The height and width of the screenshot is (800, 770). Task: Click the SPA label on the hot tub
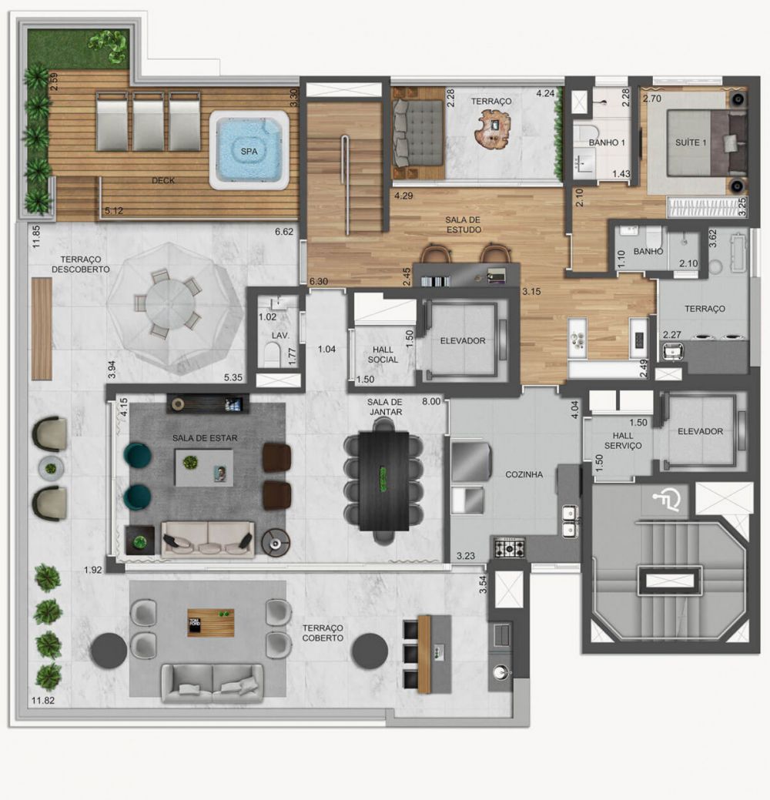pos(249,152)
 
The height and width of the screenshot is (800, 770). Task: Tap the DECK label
pos(163,181)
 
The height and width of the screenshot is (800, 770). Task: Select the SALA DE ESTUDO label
pos(464,224)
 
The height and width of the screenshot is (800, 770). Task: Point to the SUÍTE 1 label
pos(691,142)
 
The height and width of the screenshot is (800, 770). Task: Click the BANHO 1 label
pos(607,143)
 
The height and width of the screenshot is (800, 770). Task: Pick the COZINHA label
pos(524,474)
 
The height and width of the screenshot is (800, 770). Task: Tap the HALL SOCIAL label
pos(383,354)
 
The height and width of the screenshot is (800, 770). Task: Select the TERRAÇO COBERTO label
pos(323,633)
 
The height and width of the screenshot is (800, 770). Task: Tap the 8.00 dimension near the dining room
pos(431,400)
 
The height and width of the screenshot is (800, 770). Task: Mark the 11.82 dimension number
pos(42,701)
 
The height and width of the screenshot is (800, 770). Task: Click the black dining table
pos(383,480)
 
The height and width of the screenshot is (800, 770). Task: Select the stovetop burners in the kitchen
pos(509,549)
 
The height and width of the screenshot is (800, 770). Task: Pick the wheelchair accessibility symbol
pos(667,501)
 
